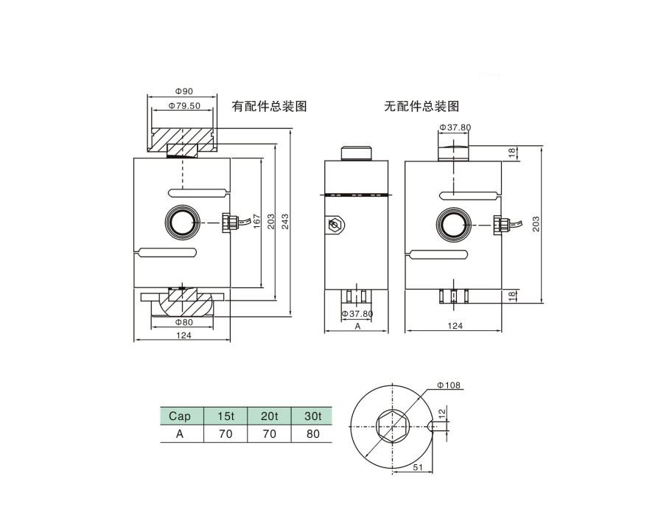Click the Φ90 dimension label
pos(183,91)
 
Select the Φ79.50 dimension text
pos(184,106)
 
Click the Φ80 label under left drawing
pos(183,322)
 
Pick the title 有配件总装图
pos(269,106)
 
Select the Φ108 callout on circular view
pos(449,385)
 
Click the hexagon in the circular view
pos(391,425)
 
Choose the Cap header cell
pos(180,416)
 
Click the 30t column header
pos(313,416)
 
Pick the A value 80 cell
pos(313,434)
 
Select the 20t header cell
pos(270,416)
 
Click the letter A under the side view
pos(357,326)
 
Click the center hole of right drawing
pos(452,223)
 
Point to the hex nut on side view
pos(336,225)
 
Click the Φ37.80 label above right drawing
pos(455,127)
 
